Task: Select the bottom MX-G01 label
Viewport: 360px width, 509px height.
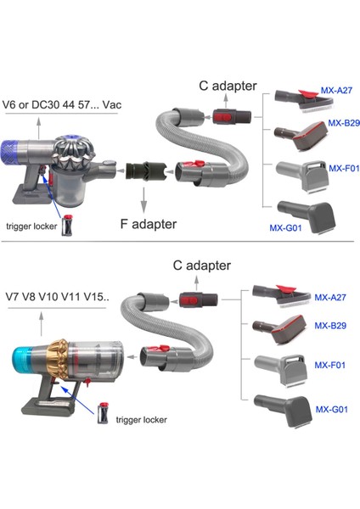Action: tap(331, 409)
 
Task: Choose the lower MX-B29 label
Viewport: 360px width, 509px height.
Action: tap(331, 326)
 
